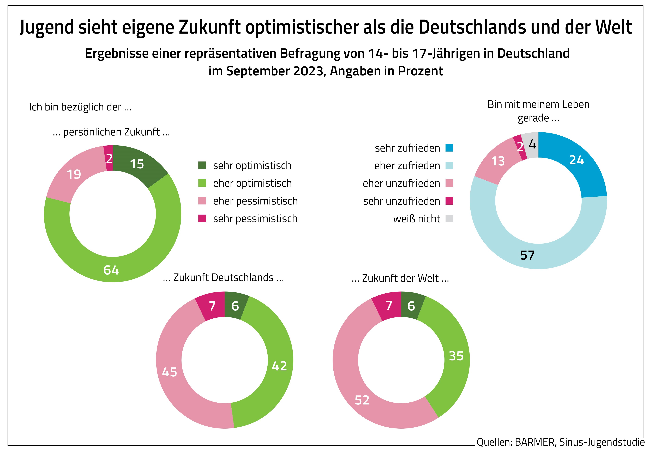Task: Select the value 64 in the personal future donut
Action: point(111,270)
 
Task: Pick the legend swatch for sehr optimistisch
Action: point(202,165)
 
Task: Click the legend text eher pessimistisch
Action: point(255,201)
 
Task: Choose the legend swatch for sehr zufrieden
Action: point(449,148)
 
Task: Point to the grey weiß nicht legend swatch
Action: point(449,219)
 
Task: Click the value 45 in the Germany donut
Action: point(170,372)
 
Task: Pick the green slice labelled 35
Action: point(456,356)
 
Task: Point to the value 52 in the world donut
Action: point(362,400)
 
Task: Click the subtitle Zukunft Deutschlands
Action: point(223,278)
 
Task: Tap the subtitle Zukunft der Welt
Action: point(400,278)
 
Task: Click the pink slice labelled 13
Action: point(498,161)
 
